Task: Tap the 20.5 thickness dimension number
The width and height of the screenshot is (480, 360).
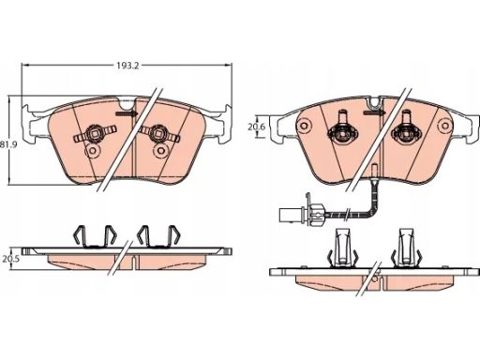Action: click(9, 258)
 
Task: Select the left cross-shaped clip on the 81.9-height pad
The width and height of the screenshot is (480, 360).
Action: click(94, 136)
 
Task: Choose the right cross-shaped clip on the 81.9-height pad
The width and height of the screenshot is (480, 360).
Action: click(160, 136)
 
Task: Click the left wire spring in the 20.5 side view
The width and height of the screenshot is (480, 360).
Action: click(94, 236)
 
